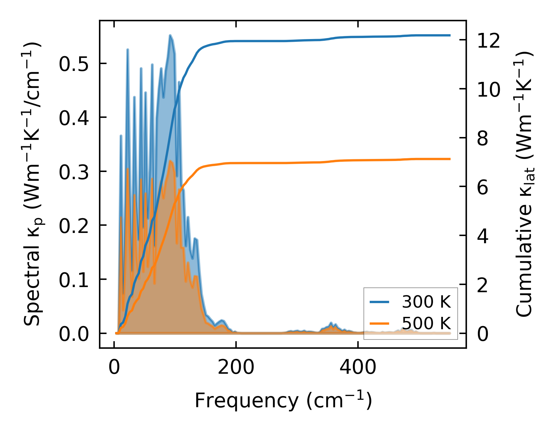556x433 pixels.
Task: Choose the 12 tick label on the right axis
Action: point(488,40)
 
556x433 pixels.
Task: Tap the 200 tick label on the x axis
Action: point(236,368)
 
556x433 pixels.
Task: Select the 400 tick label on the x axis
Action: point(358,368)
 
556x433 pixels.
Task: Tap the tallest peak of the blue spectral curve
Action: point(170,35)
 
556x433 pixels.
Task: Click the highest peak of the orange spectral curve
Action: point(170,161)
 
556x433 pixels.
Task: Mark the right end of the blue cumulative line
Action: point(450,35)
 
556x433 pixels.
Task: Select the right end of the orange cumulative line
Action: point(450,159)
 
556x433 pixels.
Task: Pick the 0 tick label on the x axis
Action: point(114,368)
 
